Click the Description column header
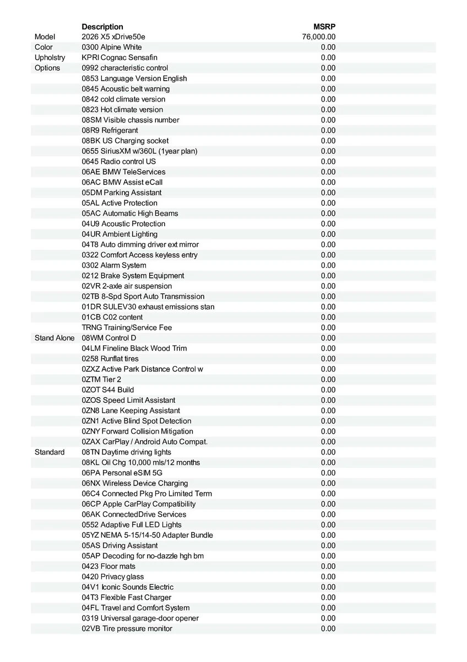102,26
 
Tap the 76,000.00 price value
319,37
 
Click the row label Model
45,37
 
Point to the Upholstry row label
50,57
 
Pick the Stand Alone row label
54,338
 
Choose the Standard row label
50,452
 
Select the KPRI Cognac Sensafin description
120,57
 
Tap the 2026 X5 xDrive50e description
113,37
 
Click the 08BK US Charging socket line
125,141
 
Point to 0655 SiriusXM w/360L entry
139,151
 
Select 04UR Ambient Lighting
120,234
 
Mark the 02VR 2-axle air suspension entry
127,286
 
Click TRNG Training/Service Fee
127,327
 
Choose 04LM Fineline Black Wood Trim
134,348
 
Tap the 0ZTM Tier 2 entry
101,379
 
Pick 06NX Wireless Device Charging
134,483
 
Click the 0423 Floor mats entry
108,566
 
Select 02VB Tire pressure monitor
127,628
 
